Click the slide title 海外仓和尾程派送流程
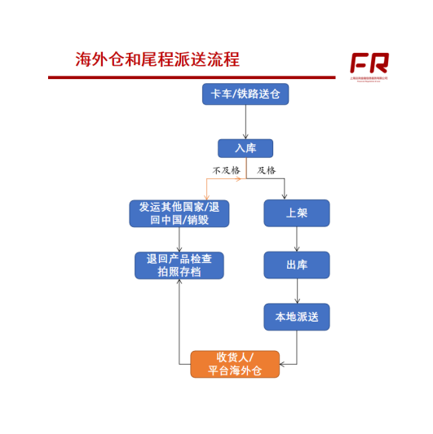tap(157, 59)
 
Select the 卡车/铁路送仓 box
tap(245, 94)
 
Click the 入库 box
tap(245, 148)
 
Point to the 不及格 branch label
tap(227, 171)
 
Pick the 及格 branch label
tap(267, 171)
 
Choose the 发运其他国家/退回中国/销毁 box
tap(179, 213)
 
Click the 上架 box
tap(297, 213)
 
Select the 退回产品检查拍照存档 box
tap(179, 265)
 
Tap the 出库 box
tap(297, 265)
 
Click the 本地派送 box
tap(297, 317)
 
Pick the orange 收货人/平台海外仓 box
tap(235, 364)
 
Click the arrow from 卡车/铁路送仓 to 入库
tap(245, 122)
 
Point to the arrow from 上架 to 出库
tap(297, 239)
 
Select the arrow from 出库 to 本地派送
tap(297, 292)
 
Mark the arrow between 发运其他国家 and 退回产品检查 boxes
tap(179, 240)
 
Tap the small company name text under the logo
tap(369, 79)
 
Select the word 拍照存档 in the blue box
tap(179, 272)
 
